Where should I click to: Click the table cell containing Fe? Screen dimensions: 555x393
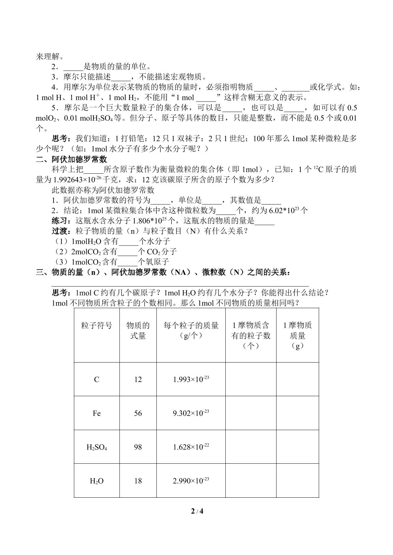[96, 413]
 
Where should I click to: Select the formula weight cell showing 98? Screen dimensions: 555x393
[138, 447]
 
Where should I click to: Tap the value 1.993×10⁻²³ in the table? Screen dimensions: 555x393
[191, 379]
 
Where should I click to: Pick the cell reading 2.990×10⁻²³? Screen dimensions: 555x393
[191, 481]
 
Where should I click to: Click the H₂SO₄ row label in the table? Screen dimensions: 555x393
[96, 447]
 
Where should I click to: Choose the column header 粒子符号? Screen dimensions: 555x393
[96, 326]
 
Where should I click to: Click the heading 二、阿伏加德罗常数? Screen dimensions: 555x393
[72, 159]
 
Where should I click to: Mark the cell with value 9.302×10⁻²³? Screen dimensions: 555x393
[191, 413]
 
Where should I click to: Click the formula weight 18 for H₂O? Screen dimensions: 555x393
[138, 481]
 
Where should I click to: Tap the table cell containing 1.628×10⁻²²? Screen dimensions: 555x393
[191, 447]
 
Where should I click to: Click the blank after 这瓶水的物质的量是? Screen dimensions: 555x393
[265, 221]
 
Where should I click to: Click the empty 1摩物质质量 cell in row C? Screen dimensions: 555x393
[297, 379]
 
